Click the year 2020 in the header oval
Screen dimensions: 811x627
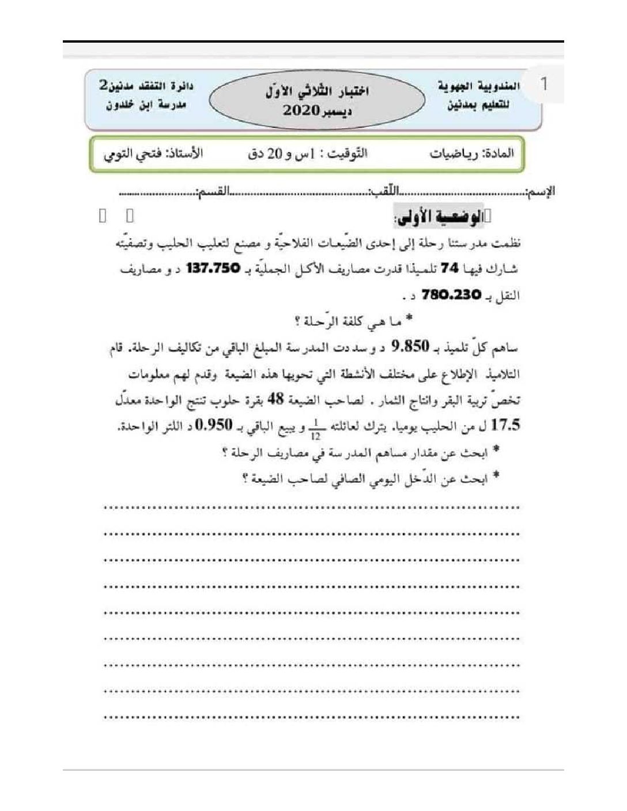[x=300, y=111]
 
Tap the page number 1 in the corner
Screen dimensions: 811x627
[x=543, y=84]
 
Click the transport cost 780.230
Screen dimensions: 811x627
[x=451, y=295]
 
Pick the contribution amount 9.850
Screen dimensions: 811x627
[x=410, y=346]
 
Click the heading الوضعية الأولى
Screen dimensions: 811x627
[x=441, y=217]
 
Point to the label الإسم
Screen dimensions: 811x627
[x=541, y=191]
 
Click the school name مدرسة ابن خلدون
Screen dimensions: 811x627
[x=138, y=105]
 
